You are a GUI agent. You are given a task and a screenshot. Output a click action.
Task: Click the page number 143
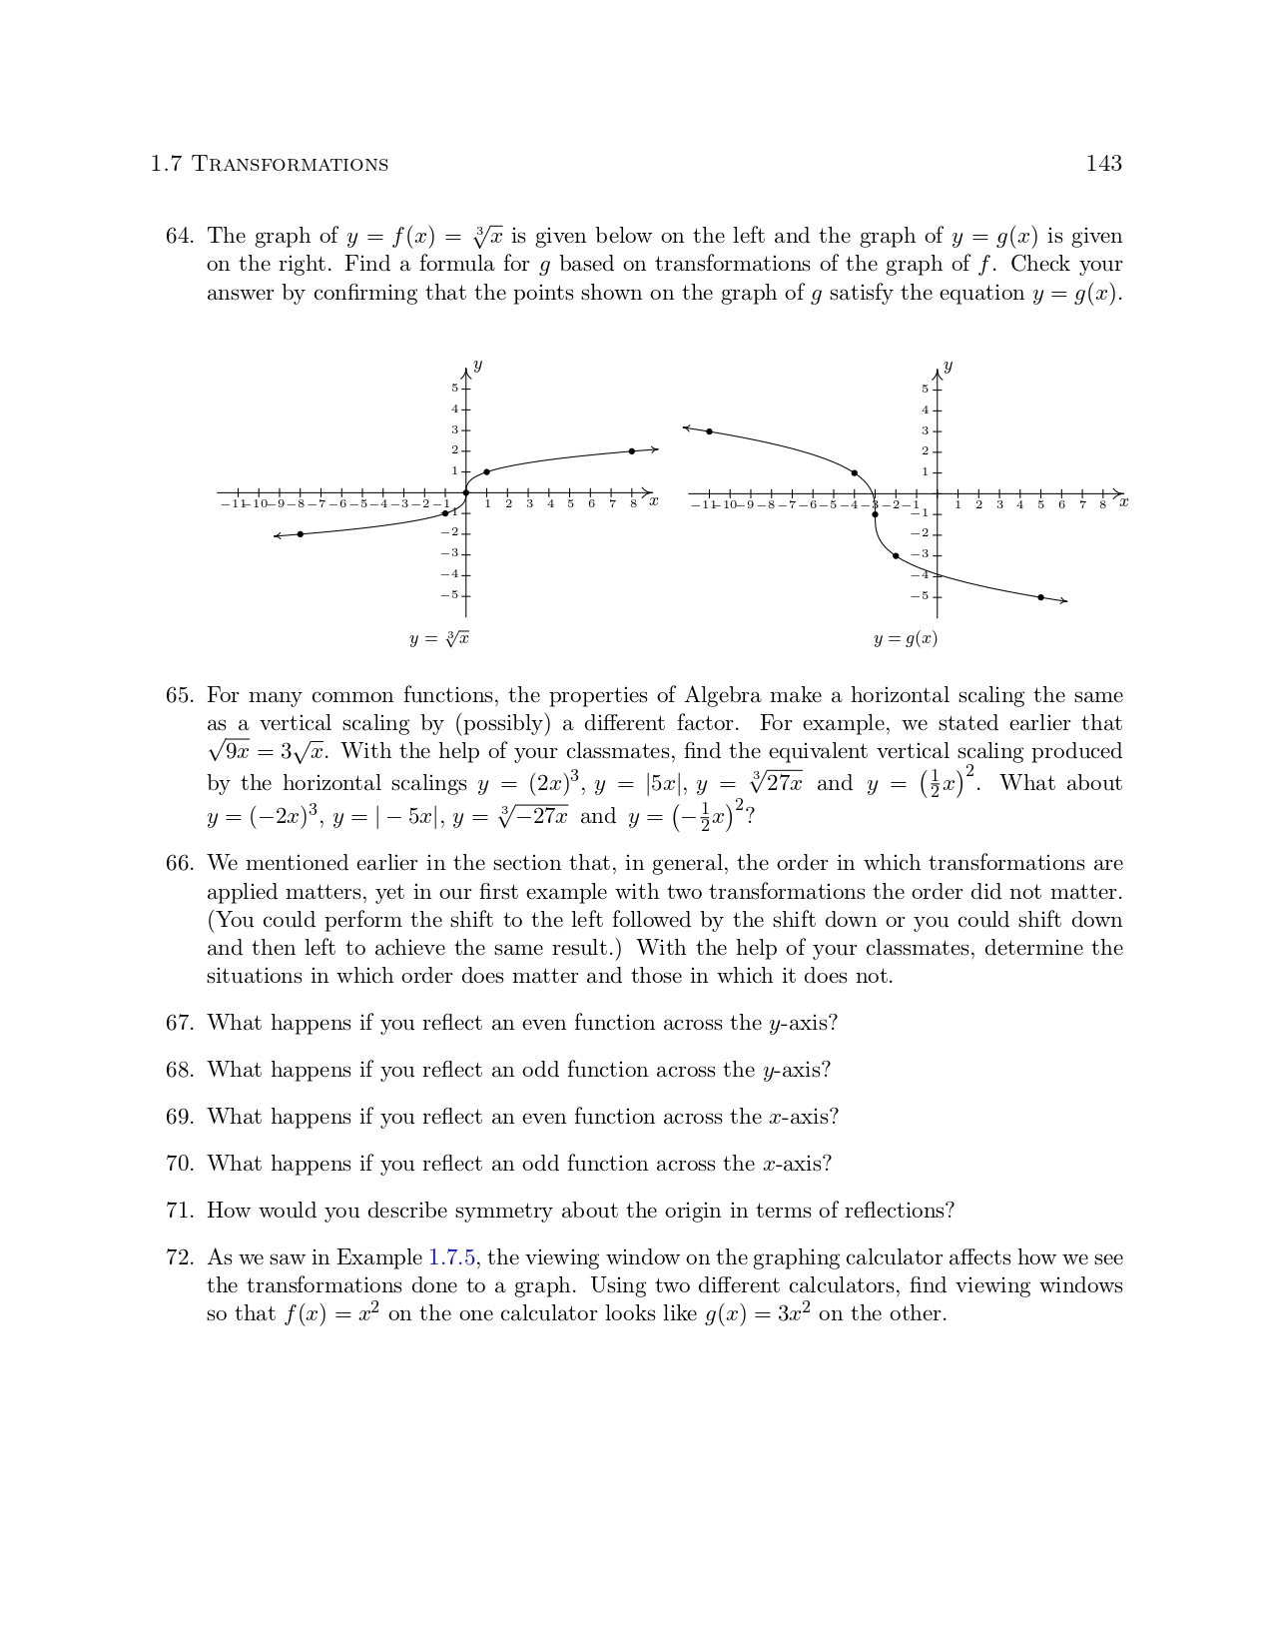pyautogui.click(x=1103, y=164)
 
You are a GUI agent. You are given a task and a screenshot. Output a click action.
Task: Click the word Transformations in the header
pyautogui.click(x=290, y=165)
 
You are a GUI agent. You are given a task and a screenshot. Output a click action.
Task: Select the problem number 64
pyautogui.click(x=179, y=237)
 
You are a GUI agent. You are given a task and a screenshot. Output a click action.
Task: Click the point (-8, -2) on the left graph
pyautogui.click(x=300, y=534)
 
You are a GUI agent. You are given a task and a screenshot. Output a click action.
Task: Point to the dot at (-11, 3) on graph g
pyautogui.click(x=709, y=431)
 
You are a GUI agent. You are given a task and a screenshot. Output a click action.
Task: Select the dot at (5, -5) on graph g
pyautogui.click(x=1040, y=597)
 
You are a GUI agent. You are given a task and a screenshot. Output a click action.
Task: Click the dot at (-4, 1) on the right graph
pyautogui.click(x=854, y=472)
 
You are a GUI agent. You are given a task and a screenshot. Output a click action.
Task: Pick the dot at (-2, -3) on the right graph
pyautogui.click(x=896, y=555)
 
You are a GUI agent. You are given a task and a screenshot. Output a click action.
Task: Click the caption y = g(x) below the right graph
pyautogui.click(x=906, y=639)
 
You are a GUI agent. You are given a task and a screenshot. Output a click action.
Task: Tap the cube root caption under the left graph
pyautogui.click(x=439, y=639)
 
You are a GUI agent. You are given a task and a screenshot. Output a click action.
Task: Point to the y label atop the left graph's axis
pyautogui.click(x=477, y=366)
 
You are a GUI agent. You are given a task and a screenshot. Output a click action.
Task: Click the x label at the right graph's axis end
pyautogui.click(x=1123, y=502)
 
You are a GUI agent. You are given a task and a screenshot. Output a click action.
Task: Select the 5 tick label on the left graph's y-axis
pyautogui.click(x=454, y=389)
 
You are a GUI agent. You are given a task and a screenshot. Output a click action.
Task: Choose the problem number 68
pyautogui.click(x=179, y=1071)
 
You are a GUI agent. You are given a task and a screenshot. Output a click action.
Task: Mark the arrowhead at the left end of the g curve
pyautogui.click(x=686, y=427)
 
